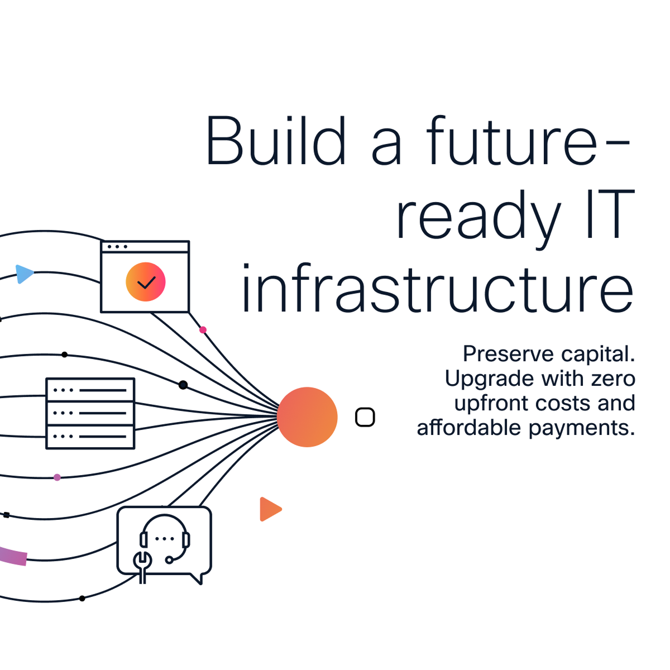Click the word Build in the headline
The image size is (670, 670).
click(x=276, y=140)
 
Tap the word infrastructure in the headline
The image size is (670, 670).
click(x=438, y=288)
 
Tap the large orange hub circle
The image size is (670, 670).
click(x=307, y=417)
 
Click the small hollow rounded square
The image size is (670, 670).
click(x=365, y=417)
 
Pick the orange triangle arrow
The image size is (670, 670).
click(x=269, y=509)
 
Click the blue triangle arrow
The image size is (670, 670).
click(x=23, y=274)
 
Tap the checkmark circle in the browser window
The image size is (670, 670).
click(x=145, y=281)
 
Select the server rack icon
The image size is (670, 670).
click(x=90, y=413)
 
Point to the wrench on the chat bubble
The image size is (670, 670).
click(x=142, y=567)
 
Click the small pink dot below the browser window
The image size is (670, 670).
click(x=203, y=329)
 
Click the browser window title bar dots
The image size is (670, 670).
click(x=117, y=247)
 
